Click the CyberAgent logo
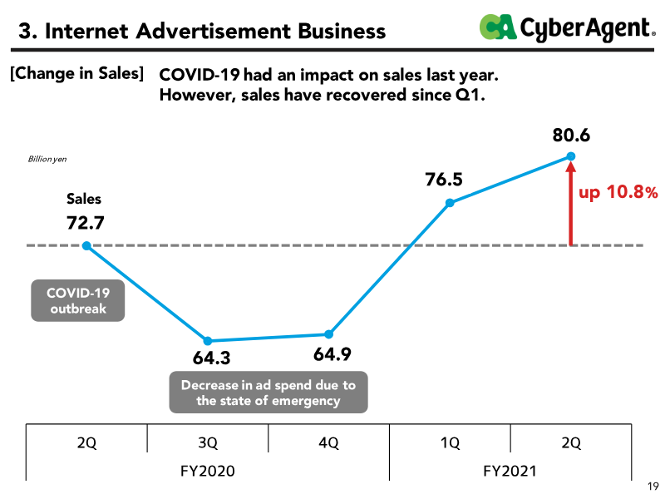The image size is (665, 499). pos(567,27)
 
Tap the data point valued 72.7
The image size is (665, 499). pos(86,245)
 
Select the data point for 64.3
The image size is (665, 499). pos(207,341)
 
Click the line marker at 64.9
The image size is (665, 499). pos(328,334)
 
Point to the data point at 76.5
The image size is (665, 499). pos(450,203)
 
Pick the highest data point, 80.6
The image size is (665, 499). pos(571,156)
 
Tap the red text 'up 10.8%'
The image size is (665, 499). pos(618,192)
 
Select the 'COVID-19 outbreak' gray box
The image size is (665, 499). pos(78,300)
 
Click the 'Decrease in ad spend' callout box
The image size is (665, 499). pos(268,392)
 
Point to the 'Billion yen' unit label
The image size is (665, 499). pos(47,159)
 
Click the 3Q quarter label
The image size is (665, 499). pos(208,443)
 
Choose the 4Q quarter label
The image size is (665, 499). pos(328,443)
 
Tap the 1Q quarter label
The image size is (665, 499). pos(450,443)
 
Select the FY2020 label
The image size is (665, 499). pos(207,471)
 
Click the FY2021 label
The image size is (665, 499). pos(510,471)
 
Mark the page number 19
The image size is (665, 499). pos(653,487)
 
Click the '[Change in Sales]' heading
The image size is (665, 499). pos(76,73)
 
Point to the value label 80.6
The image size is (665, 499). pos(571,136)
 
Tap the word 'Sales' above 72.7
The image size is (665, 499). pos(84,199)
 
